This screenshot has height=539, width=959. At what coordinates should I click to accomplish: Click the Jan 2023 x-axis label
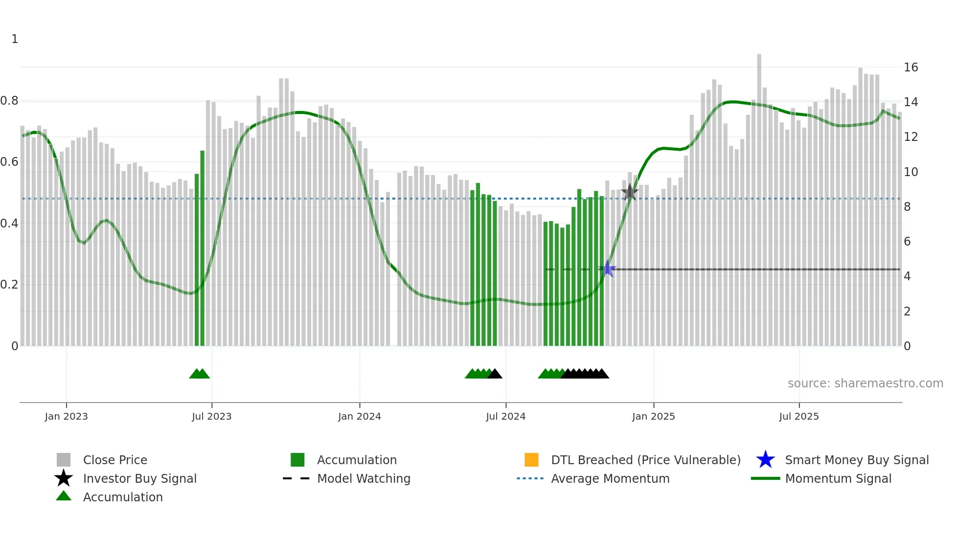pyautogui.click(x=66, y=416)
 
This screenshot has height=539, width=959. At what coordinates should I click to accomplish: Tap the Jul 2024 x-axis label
pyautogui.click(x=505, y=416)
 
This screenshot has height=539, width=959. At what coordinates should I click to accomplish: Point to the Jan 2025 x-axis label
pyautogui.click(x=653, y=416)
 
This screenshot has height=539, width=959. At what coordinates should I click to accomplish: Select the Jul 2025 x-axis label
pyautogui.click(x=799, y=416)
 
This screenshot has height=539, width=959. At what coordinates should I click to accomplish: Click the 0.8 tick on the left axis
pyautogui.click(x=9, y=101)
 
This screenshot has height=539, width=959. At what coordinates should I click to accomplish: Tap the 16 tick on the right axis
pyautogui.click(x=911, y=67)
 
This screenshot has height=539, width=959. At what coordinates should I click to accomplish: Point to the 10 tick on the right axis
pyautogui.click(x=911, y=172)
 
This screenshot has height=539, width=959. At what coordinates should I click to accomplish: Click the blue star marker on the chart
pyautogui.click(x=607, y=269)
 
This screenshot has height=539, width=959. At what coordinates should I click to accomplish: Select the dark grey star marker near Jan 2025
pyautogui.click(x=630, y=193)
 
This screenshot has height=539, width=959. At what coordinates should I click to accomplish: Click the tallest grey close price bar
pyautogui.click(x=759, y=196)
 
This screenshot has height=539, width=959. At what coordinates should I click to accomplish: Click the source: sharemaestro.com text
pyautogui.click(x=865, y=383)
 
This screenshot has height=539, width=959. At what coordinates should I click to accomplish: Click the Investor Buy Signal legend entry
pyautogui.click(x=139, y=479)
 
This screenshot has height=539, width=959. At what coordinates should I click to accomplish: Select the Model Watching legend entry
pyautogui.click(x=363, y=479)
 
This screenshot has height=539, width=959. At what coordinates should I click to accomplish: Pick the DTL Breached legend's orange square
pyautogui.click(x=531, y=460)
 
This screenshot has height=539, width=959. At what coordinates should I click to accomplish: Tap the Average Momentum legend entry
pyautogui.click(x=610, y=479)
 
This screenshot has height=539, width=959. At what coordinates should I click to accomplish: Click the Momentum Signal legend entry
pyautogui.click(x=838, y=479)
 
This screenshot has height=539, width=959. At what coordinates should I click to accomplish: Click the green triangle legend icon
pyautogui.click(x=64, y=496)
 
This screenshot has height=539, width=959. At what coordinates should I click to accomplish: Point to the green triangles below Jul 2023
pyautogui.click(x=199, y=374)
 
